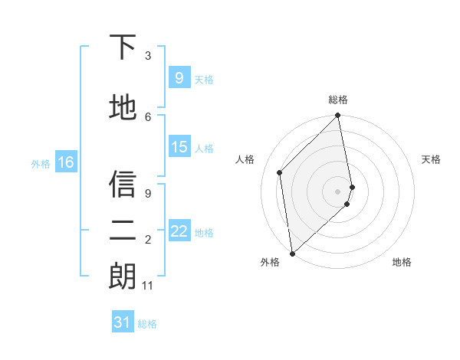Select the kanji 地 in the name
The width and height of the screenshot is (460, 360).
tap(122, 107)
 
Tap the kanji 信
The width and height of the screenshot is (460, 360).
tap(122, 183)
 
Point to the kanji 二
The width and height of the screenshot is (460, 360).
tap(122, 230)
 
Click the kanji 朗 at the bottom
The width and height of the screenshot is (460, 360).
tap(122, 277)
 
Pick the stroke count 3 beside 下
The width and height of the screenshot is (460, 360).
tap(148, 56)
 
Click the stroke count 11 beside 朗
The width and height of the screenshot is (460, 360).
tap(148, 286)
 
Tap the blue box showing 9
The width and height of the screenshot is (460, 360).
tap(179, 77)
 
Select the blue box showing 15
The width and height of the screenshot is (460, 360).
tap(179, 147)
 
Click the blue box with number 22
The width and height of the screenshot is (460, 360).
tap(179, 231)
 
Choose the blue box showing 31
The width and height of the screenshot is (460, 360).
tap(123, 322)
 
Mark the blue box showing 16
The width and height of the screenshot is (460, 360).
tap(65, 162)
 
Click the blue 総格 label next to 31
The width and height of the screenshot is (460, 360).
tap(147, 324)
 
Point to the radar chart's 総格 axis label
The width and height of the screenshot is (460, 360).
tap(337, 100)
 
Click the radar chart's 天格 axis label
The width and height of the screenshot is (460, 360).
tap(432, 159)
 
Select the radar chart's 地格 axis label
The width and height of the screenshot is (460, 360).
tap(402, 262)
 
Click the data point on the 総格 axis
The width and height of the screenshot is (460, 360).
tap(338, 116)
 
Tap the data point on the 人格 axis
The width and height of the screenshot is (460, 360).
tap(280, 172)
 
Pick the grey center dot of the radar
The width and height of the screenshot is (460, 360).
tap(338, 191)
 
